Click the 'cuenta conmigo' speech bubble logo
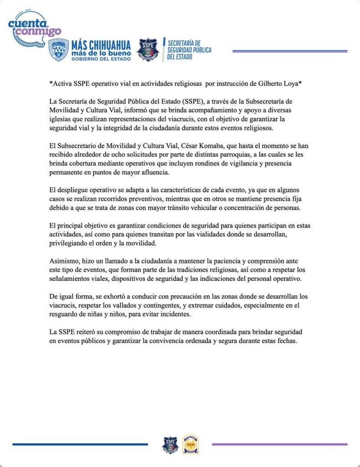coord(33,27)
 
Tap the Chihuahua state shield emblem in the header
coord(58,50)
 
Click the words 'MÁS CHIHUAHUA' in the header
coord(101,45)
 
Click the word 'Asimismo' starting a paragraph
coord(64,262)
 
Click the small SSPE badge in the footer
coord(170,445)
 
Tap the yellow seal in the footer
coord(190,445)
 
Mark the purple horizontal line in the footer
coord(279,444)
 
